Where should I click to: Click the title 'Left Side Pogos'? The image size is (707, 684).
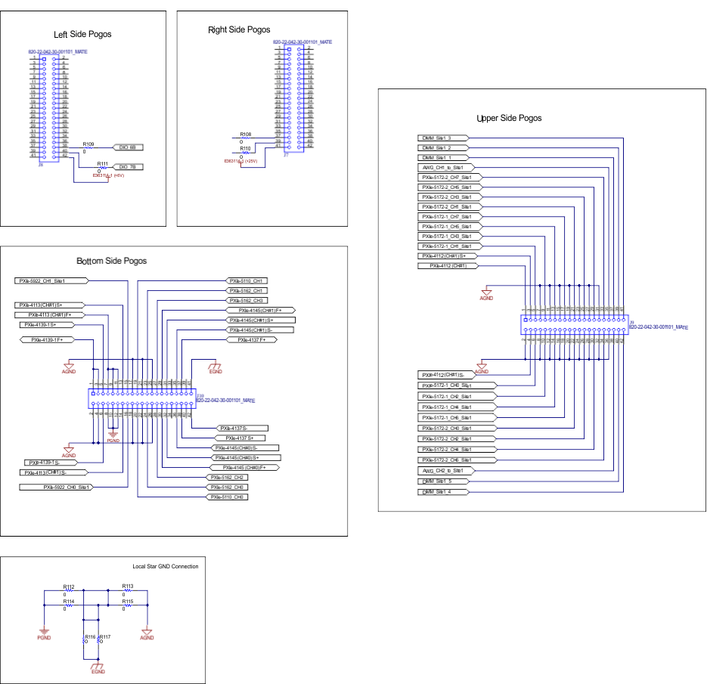(x=82, y=35)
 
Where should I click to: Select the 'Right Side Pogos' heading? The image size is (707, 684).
(x=239, y=30)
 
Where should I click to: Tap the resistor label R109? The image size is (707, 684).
(x=88, y=144)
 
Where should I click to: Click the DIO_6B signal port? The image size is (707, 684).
(x=127, y=147)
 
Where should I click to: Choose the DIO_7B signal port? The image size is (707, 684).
(x=127, y=167)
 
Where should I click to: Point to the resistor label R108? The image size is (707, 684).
(x=246, y=134)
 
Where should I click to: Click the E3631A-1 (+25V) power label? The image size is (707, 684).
(x=241, y=161)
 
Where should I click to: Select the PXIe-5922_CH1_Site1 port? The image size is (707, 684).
(x=51, y=280)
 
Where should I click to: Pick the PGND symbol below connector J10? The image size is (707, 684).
(x=113, y=438)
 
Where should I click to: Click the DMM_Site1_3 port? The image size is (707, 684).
(x=444, y=138)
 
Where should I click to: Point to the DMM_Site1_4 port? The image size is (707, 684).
(x=444, y=491)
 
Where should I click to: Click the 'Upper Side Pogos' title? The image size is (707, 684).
(x=509, y=119)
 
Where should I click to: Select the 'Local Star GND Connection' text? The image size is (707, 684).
(x=165, y=566)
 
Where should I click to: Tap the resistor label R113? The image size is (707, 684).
(x=128, y=586)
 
